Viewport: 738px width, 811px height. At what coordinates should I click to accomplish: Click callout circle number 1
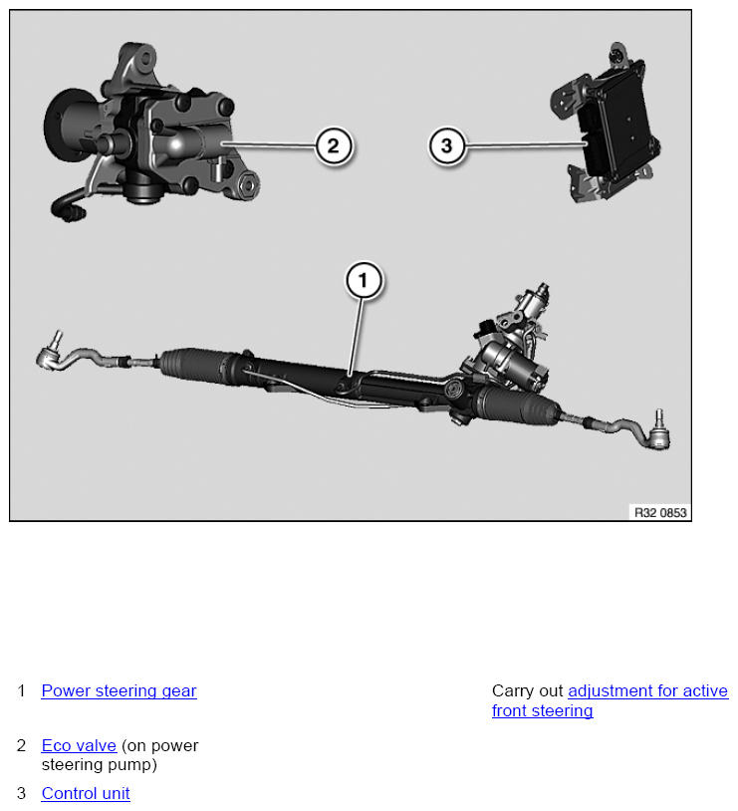[x=364, y=280]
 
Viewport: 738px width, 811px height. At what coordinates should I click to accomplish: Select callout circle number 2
[x=334, y=145]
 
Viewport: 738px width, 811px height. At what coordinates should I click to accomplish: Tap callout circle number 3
[x=447, y=145]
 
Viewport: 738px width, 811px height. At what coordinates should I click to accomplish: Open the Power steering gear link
[x=119, y=691]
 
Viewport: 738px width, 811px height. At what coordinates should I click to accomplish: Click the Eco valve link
[x=79, y=746]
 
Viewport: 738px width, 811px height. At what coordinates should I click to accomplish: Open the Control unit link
[x=86, y=793]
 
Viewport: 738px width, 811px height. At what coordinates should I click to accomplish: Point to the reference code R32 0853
[x=660, y=512]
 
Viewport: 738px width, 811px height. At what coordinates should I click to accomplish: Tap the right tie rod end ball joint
[x=658, y=434]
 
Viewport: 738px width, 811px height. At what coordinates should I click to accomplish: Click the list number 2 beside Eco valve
[x=21, y=746]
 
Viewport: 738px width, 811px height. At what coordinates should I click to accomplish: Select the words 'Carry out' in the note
[x=527, y=691]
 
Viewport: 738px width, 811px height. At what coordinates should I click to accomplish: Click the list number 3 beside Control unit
[x=21, y=793]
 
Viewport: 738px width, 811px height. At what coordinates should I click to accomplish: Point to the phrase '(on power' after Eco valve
[x=159, y=746]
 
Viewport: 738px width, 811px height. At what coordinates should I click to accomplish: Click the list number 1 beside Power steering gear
[x=21, y=691]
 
